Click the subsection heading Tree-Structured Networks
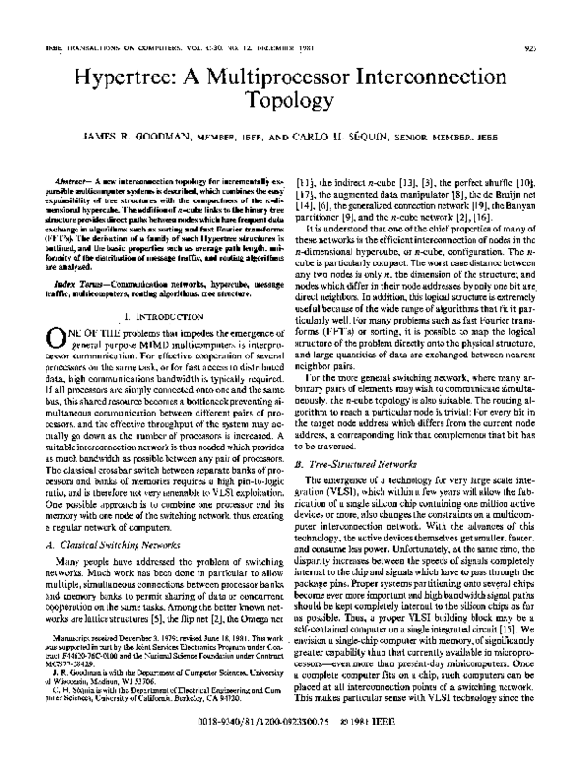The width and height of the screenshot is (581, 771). pyautogui.click(x=366, y=464)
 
